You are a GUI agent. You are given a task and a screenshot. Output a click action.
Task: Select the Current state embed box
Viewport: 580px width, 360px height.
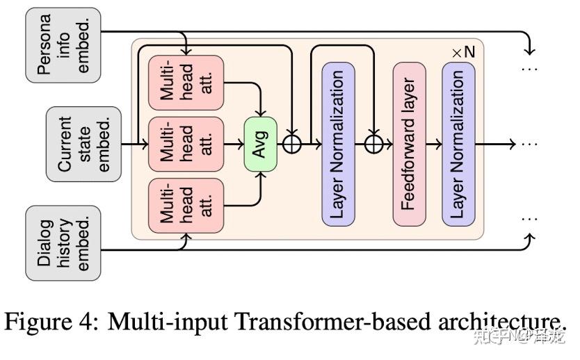pos(73,144)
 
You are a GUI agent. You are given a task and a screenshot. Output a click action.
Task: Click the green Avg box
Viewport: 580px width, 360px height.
pos(260,144)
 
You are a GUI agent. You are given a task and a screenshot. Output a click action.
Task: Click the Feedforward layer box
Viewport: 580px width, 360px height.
pos(409,144)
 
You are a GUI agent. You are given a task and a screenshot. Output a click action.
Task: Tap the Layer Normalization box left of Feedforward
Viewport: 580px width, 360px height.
pos(338,144)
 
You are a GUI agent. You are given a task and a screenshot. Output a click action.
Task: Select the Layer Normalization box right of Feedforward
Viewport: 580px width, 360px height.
pos(458,144)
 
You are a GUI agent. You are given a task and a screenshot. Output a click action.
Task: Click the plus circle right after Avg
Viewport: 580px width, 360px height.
pos(291,144)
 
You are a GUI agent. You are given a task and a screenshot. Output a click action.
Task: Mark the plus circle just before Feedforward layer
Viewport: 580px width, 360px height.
pos(374,144)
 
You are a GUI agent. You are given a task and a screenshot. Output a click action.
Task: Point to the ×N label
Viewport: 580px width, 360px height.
pos(465,53)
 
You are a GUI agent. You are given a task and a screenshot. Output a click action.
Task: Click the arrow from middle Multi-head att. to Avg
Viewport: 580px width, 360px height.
pos(233,144)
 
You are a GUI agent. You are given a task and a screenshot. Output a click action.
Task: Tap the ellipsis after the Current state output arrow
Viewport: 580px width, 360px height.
pos(530,144)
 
